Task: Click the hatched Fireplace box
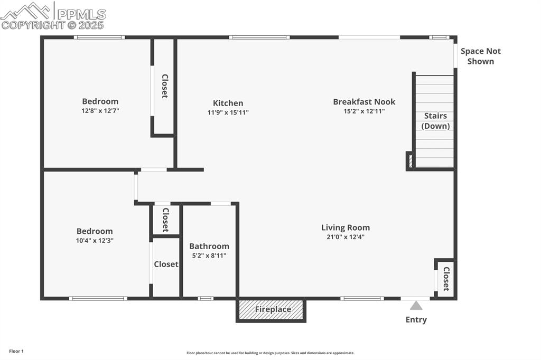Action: click(x=271, y=310)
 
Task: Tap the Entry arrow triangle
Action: click(x=416, y=306)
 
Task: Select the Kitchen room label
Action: click(x=228, y=103)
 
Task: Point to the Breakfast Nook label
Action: click(x=364, y=102)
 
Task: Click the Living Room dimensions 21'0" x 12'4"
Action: click(x=346, y=237)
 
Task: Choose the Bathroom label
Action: click(x=209, y=246)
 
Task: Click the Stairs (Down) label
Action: click(x=435, y=121)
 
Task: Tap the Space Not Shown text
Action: click(x=480, y=56)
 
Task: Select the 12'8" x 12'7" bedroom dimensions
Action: click(x=100, y=111)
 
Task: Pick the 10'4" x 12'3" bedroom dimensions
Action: click(x=95, y=240)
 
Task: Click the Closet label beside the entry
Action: click(x=446, y=279)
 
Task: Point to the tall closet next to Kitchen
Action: click(x=164, y=86)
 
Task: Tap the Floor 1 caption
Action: click(x=16, y=351)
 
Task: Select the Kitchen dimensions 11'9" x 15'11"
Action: click(x=228, y=112)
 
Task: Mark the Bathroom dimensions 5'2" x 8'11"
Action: click(x=209, y=255)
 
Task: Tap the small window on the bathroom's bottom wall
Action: click(x=206, y=299)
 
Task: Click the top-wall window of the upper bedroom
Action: click(x=99, y=37)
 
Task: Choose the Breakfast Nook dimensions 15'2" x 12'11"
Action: click(x=364, y=111)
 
